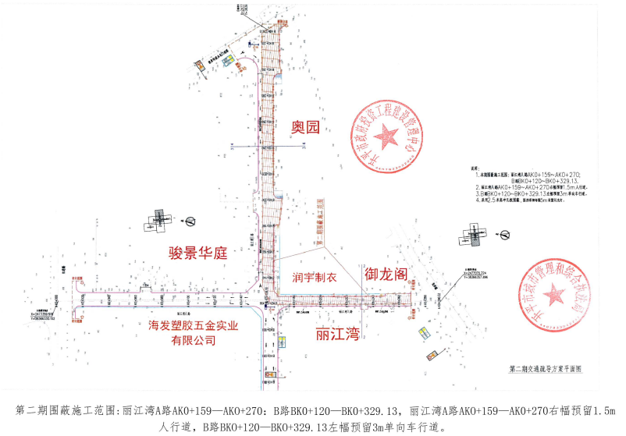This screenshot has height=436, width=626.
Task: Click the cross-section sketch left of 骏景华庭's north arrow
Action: coord(158,220)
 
